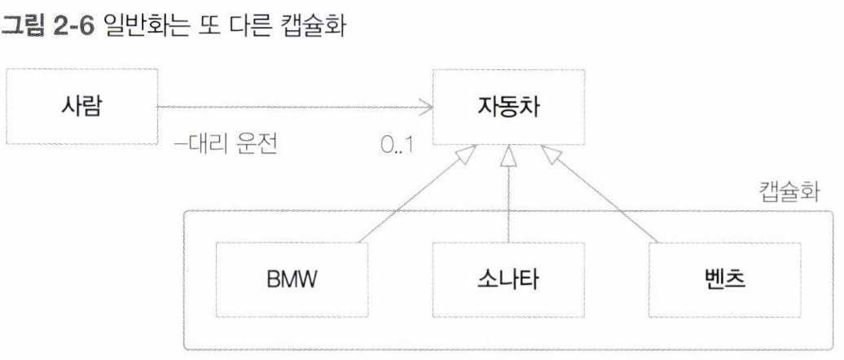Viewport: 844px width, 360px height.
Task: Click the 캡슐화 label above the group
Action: [791, 194]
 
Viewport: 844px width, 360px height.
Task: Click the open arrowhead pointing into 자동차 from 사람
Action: [424, 106]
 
